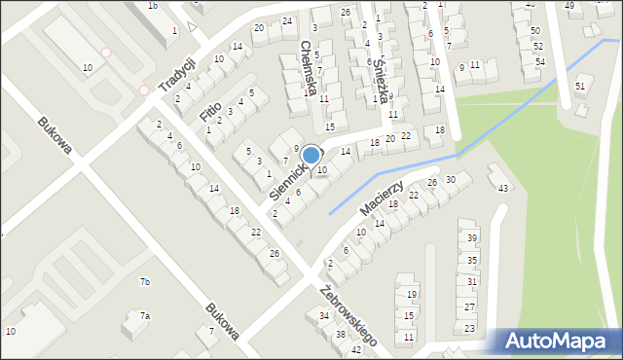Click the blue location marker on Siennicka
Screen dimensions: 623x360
point(311,155)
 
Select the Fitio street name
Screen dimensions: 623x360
point(211,110)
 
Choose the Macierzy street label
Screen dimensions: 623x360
point(381,198)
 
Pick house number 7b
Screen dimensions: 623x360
point(145,282)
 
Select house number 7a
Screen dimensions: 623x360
point(144,316)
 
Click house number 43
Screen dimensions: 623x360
point(502,188)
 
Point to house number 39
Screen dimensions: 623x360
point(472,238)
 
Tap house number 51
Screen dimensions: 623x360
point(580,87)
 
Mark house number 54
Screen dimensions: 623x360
point(539,62)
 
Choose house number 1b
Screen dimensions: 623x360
point(153,6)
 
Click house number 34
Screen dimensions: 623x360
point(324,316)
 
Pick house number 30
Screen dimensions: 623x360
point(451,180)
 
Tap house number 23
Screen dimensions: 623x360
point(469,330)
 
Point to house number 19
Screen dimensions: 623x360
point(412,294)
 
